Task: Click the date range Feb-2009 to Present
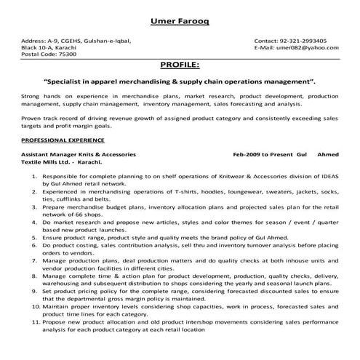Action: pos(263,155)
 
